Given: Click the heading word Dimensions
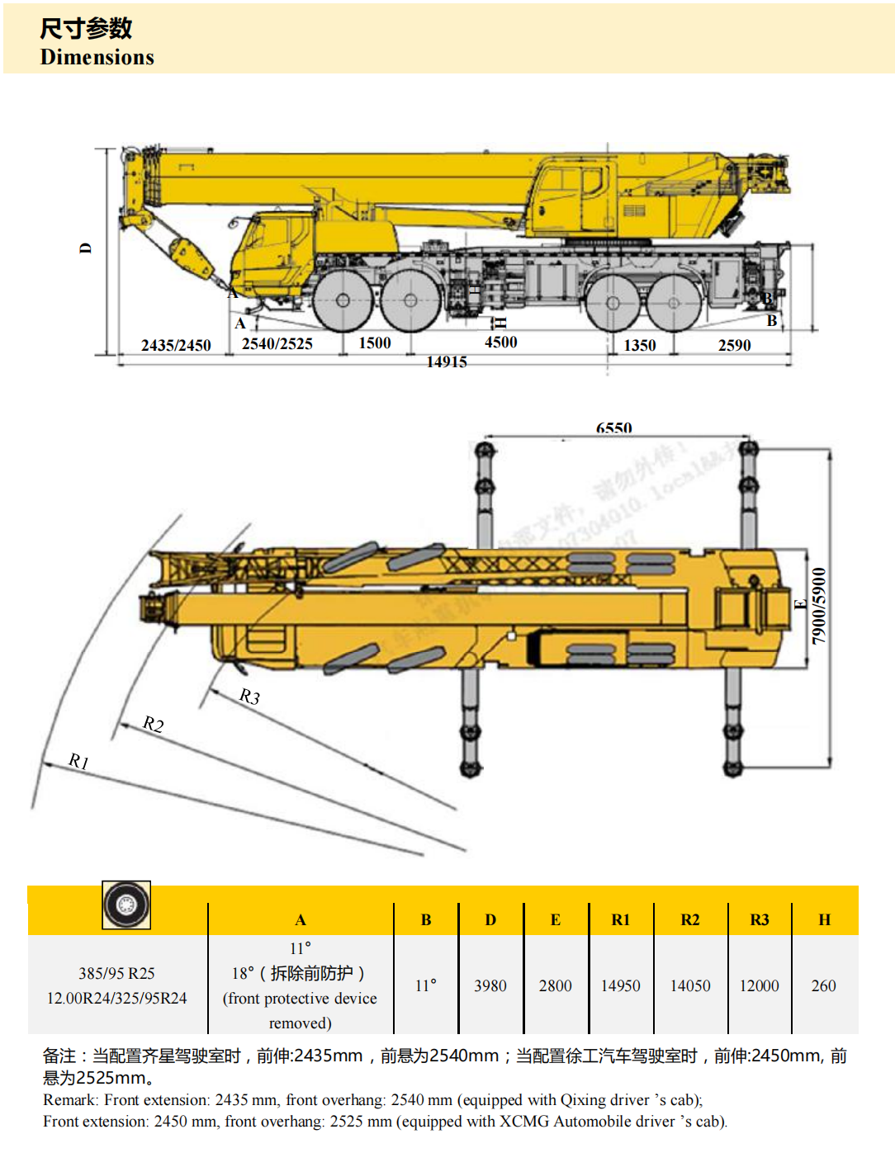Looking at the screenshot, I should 97,57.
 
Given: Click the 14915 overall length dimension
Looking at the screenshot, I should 447,361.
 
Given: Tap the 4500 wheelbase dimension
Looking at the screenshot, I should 500,342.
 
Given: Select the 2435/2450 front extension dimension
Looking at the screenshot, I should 176,345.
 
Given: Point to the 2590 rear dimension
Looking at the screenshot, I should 734,345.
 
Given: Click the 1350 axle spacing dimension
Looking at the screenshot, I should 639,345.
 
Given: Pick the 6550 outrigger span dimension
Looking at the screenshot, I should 613,428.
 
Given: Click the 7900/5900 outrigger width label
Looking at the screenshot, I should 818,606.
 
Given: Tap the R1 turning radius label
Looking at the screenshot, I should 78,760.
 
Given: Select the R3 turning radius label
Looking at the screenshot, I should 249,697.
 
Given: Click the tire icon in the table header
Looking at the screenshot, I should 126,905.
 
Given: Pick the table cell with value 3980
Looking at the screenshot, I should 490,985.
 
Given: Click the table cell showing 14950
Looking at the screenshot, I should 620,985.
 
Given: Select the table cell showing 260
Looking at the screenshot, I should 823,985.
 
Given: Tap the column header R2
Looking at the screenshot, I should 689,919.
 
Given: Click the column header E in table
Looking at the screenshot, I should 555,919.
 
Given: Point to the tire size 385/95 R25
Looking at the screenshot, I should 116,973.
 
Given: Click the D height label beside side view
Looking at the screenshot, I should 86,248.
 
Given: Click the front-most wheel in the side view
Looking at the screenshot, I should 343,301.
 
